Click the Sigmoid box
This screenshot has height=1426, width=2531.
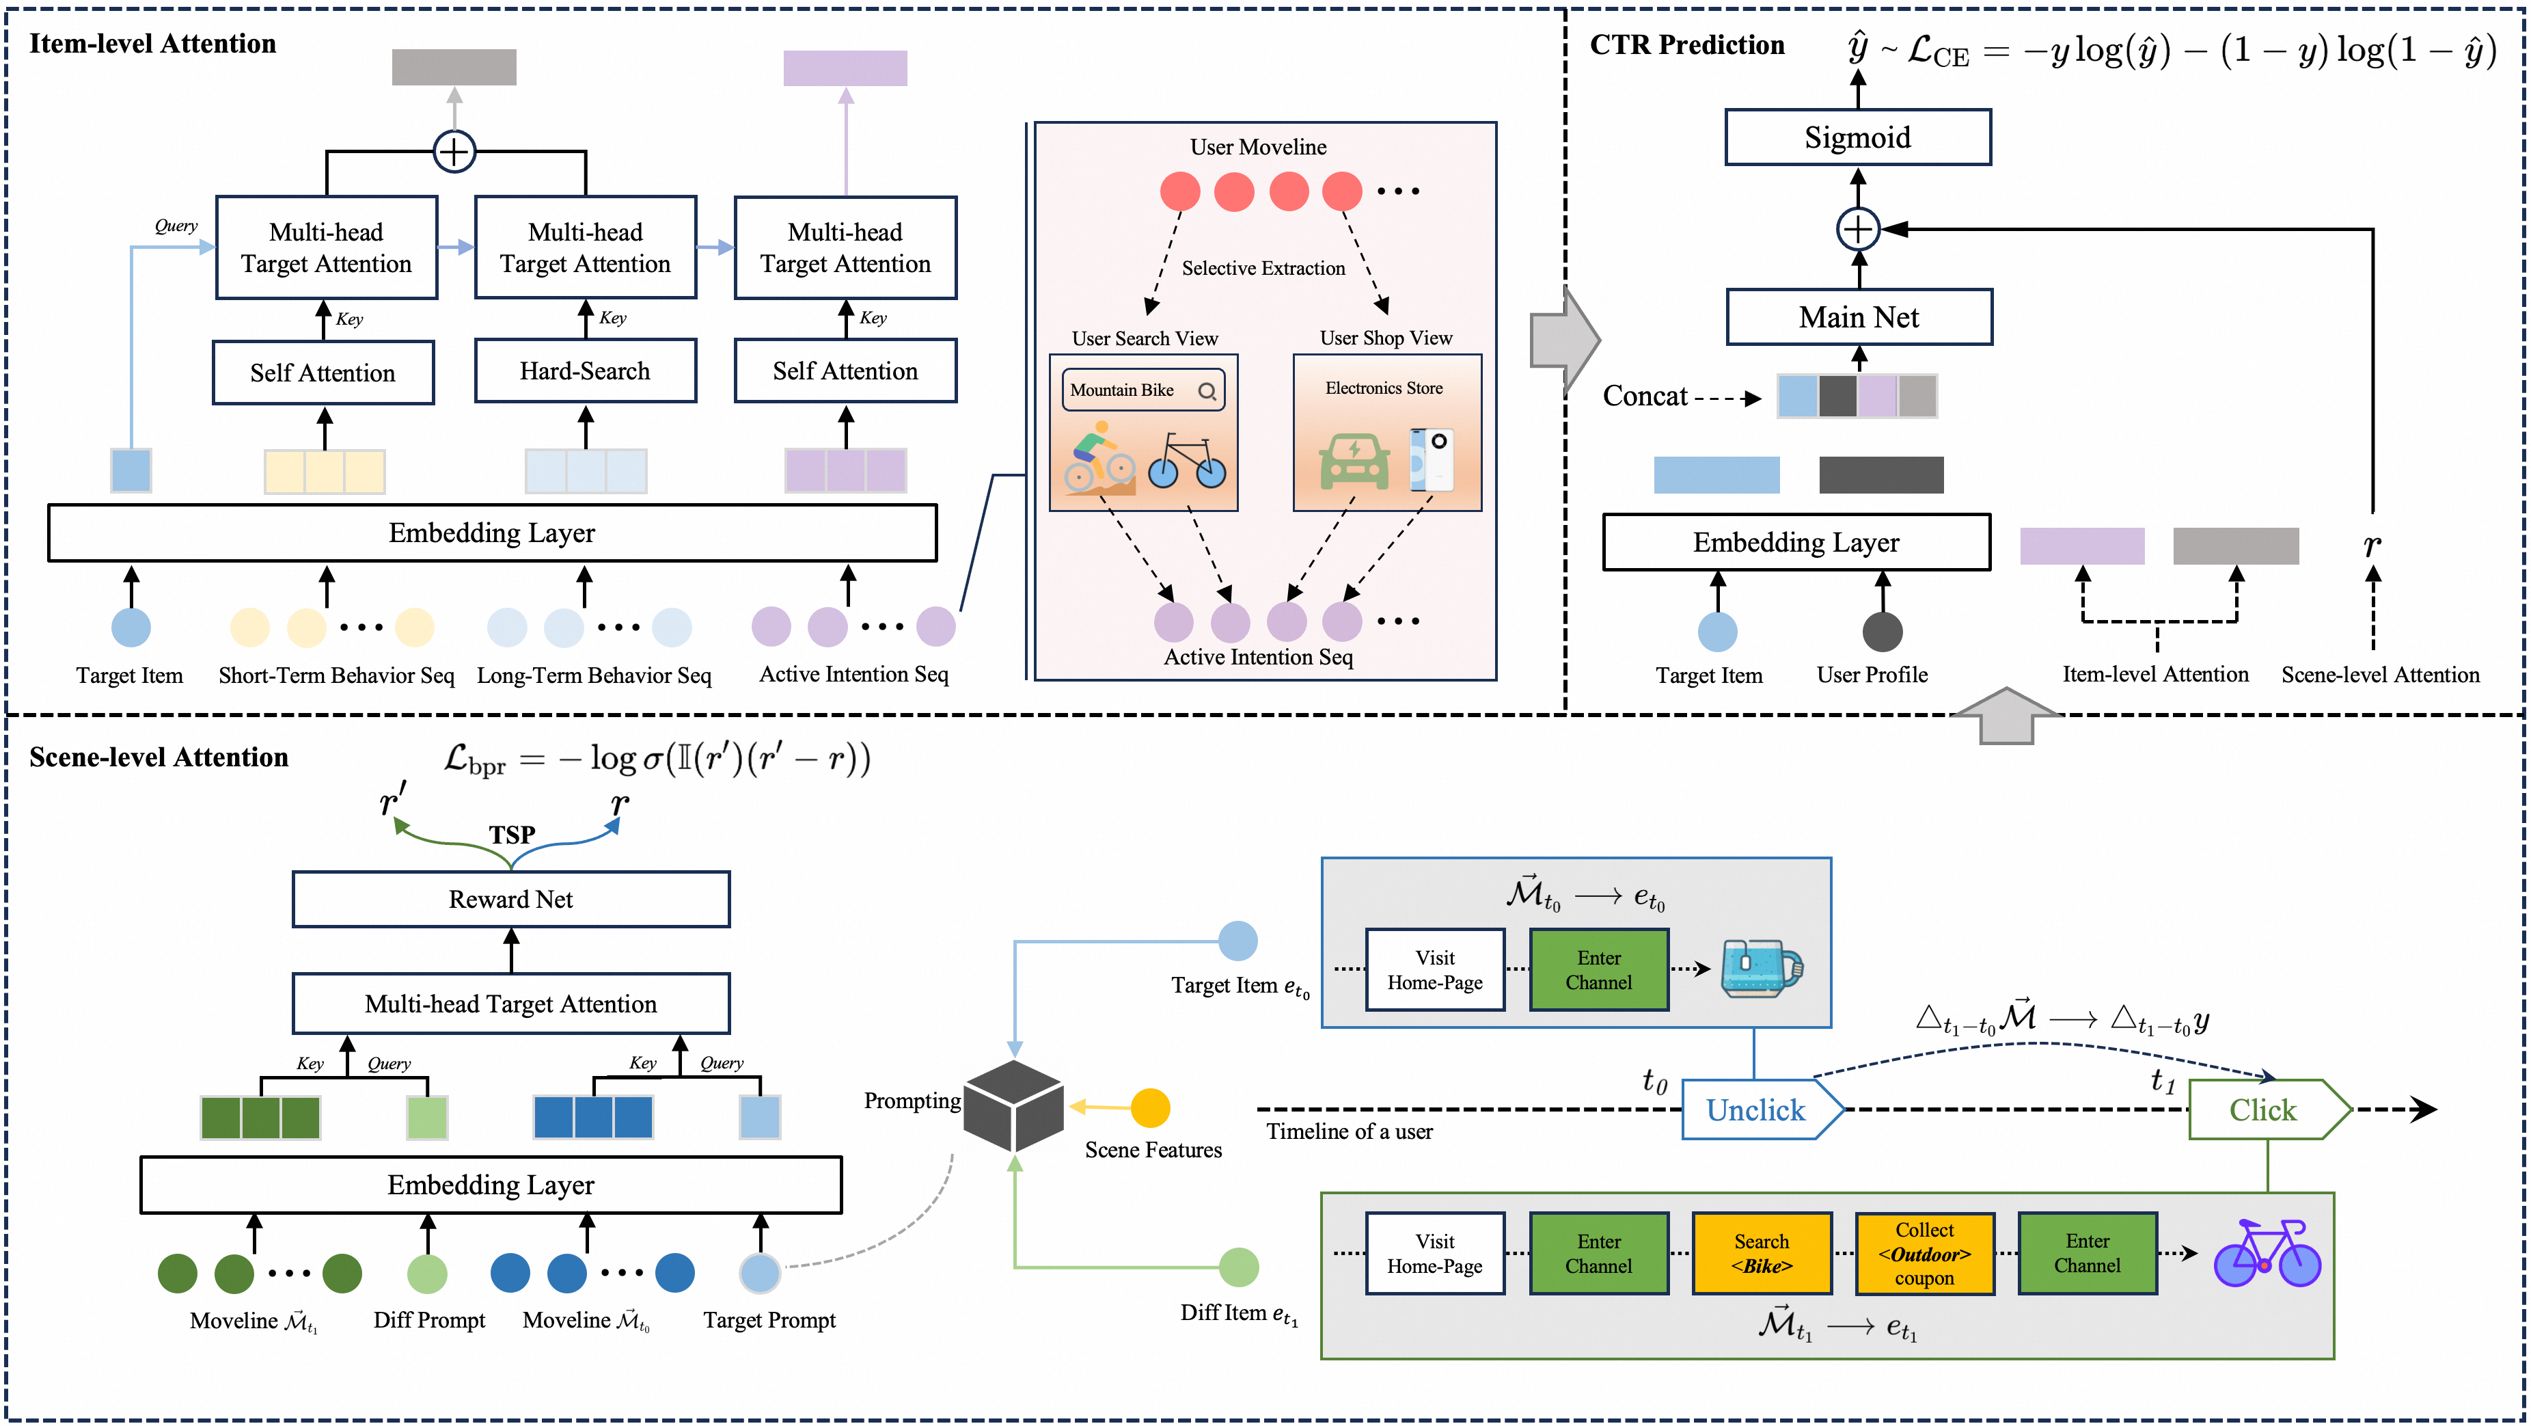pos(1857,137)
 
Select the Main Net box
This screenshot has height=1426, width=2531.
pos(1858,317)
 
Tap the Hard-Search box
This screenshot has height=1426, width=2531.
pos(585,371)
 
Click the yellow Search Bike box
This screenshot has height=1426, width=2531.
pos(1761,1254)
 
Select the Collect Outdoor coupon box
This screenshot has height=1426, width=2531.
pos(1924,1254)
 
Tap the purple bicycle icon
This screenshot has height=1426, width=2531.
pos(2266,1253)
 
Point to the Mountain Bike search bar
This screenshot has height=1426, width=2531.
pos(1142,390)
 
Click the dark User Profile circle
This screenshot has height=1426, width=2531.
pos(1882,631)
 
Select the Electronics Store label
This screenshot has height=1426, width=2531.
pos(1384,388)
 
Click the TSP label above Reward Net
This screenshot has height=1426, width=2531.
pos(512,835)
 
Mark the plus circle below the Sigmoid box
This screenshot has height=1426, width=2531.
pos(1858,229)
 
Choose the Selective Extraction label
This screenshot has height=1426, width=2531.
pos(1263,268)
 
